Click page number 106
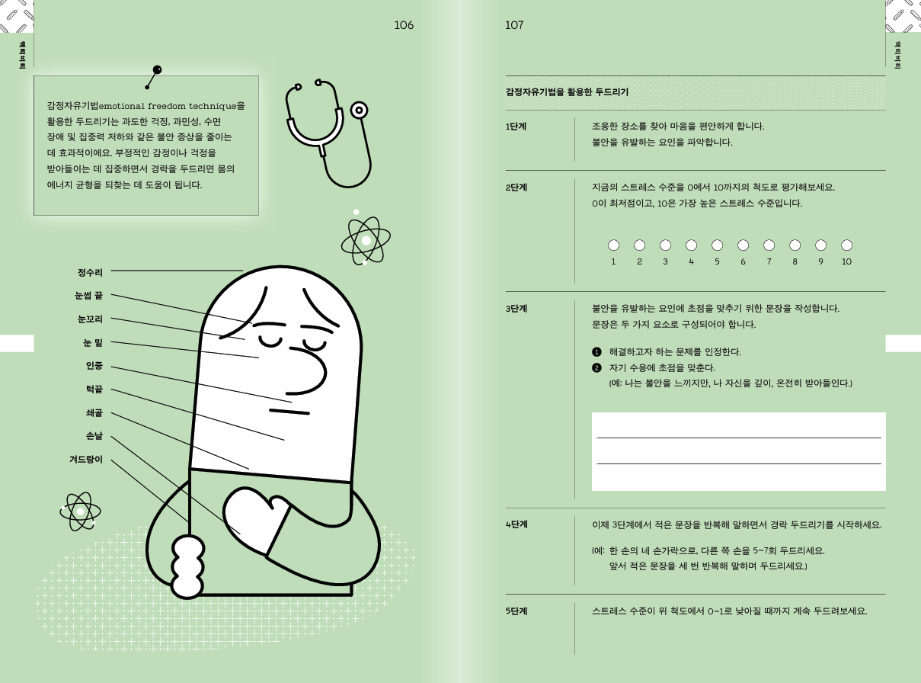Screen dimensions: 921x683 point(404,25)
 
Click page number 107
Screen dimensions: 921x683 point(514,25)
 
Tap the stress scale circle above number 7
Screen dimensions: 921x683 point(769,245)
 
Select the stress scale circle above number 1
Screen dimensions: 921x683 point(613,245)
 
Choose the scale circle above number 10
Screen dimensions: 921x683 point(846,245)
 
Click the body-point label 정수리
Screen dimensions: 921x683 point(90,273)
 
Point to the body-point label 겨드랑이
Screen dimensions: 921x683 point(86,460)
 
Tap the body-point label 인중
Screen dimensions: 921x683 point(94,366)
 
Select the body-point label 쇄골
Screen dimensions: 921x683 point(94,413)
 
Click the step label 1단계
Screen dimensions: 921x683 point(516,127)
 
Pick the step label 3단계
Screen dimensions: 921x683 point(516,309)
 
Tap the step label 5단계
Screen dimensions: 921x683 point(516,611)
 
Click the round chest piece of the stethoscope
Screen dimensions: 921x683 point(359,111)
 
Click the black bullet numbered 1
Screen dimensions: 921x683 point(596,352)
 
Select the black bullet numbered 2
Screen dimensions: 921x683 point(596,368)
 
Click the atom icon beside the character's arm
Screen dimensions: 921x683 point(80,511)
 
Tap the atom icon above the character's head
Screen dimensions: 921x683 point(366,240)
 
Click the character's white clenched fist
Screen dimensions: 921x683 point(187,567)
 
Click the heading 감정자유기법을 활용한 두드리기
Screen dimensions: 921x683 point(567,92)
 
